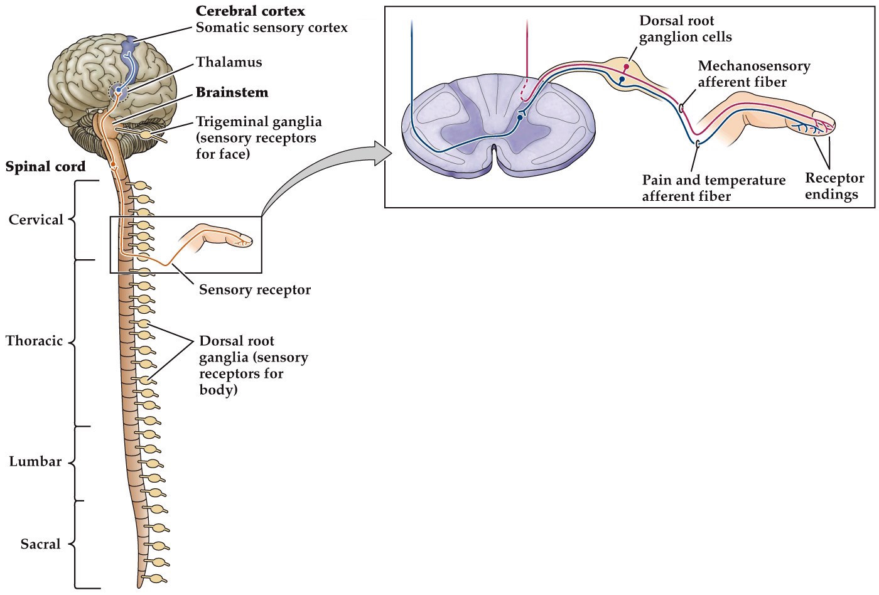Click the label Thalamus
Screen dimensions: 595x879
[229, 62]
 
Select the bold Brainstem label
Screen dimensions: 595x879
[232, 92]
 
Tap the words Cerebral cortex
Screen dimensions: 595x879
[250, 11]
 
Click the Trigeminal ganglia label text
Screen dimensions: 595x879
[258, 122]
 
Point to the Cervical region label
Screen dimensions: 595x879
[36, 220]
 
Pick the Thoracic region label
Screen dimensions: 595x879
[35, 341]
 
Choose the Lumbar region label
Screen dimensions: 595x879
[35, 462]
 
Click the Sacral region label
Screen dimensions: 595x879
[40, 544]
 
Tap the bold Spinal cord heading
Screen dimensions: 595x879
[45, 168]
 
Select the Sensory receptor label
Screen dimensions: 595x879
[255, 290]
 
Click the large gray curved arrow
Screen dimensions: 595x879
[320, 176]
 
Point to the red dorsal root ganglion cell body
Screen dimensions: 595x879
[626, 67]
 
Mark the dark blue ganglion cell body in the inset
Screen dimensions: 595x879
[622, 80]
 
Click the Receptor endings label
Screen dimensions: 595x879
[834, 186]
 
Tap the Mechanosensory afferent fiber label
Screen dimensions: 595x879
[753, 74]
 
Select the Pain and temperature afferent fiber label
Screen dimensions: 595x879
[713, 188]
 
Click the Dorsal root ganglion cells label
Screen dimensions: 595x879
[685, 29]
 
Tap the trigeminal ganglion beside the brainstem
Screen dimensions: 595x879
[146, 134]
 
